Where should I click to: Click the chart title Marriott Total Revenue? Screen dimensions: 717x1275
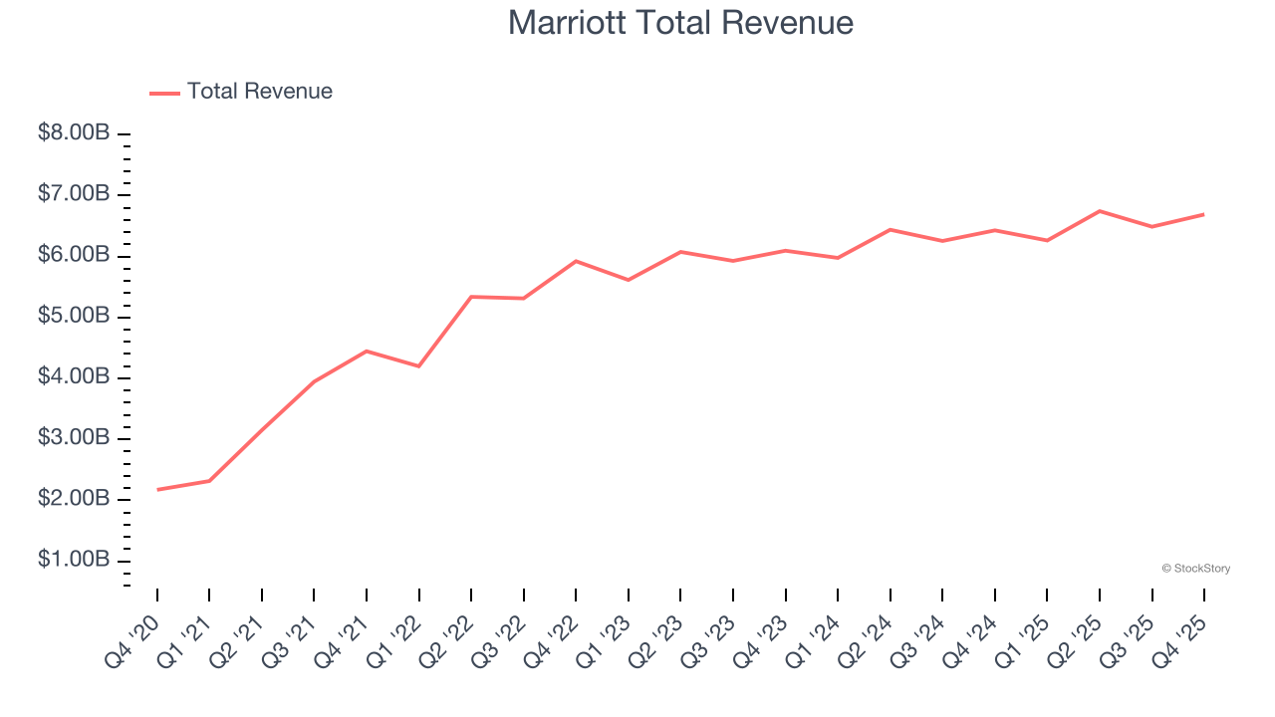tap(680, 22)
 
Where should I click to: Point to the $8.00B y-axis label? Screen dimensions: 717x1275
tap(74, 132)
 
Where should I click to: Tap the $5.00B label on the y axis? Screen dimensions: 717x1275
tap(74, 316)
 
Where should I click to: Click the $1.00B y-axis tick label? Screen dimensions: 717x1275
tap(74, 560)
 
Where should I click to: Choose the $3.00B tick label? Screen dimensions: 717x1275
tap(74, 437)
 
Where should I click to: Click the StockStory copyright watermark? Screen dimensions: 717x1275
tap(1195, 569)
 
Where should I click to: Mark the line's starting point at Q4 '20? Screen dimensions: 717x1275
tap(157, 490)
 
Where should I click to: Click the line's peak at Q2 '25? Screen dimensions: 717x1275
tap(1100, 211)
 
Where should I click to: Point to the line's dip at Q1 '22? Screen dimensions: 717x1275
tap(419, 366)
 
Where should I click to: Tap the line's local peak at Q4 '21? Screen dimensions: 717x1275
tap(367, 351)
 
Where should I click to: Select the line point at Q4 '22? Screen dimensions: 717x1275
tap(577, 261)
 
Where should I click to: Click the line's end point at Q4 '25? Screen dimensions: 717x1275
tap(1204, 214)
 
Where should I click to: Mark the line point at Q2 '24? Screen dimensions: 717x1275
tap(891, 229)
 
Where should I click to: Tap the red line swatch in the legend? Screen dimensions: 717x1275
tap(164, 93)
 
